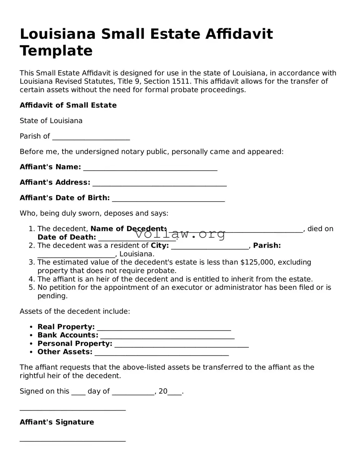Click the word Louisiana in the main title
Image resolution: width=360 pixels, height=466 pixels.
[x=58, y=34]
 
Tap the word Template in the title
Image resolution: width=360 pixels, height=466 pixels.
[x=56, y=51]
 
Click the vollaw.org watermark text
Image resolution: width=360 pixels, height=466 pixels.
[x=180, y=234]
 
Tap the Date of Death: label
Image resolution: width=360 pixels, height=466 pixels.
[x=66, y=237]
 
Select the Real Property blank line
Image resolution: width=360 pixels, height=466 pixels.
[x=164, y=328]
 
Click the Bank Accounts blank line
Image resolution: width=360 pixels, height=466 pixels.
[x=167, y=336]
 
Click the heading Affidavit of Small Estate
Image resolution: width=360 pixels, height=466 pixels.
[x=68, y=105]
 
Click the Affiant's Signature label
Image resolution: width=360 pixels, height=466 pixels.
[x=57, y=422]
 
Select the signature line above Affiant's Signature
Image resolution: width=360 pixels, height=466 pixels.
[x=73, y=409]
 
